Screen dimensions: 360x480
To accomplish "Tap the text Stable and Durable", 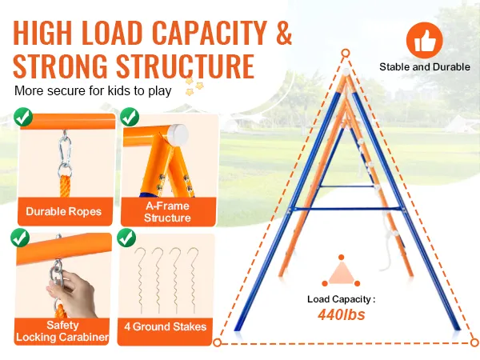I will (425, 67).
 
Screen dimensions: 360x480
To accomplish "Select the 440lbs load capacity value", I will (340, 314).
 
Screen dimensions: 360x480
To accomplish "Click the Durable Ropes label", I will (63, 212).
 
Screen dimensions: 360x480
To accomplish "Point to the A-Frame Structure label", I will (168, 212).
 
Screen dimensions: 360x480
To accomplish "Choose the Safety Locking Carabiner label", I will (63, 332).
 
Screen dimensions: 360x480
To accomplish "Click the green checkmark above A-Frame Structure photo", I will (127, 118).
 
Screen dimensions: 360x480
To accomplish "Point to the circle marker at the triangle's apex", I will (346, 54).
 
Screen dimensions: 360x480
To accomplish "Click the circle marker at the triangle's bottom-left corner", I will (217, 342).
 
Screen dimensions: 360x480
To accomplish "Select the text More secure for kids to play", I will (93, 90).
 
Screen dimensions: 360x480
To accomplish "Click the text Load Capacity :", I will (340, 299).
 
